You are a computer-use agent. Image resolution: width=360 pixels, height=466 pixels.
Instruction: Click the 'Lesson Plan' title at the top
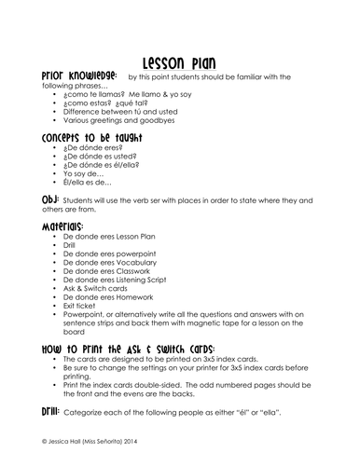tap(180, 57)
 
